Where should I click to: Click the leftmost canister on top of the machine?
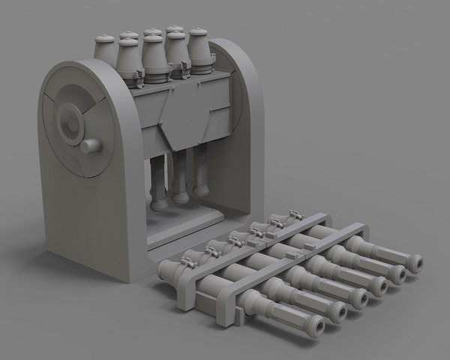(105, 52)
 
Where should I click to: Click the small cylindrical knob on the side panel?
(91, 145)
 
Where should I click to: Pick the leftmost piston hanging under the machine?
(159, 184)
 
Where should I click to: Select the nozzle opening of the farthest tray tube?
(414, 263)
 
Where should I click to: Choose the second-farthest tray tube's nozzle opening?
(397, 274)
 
